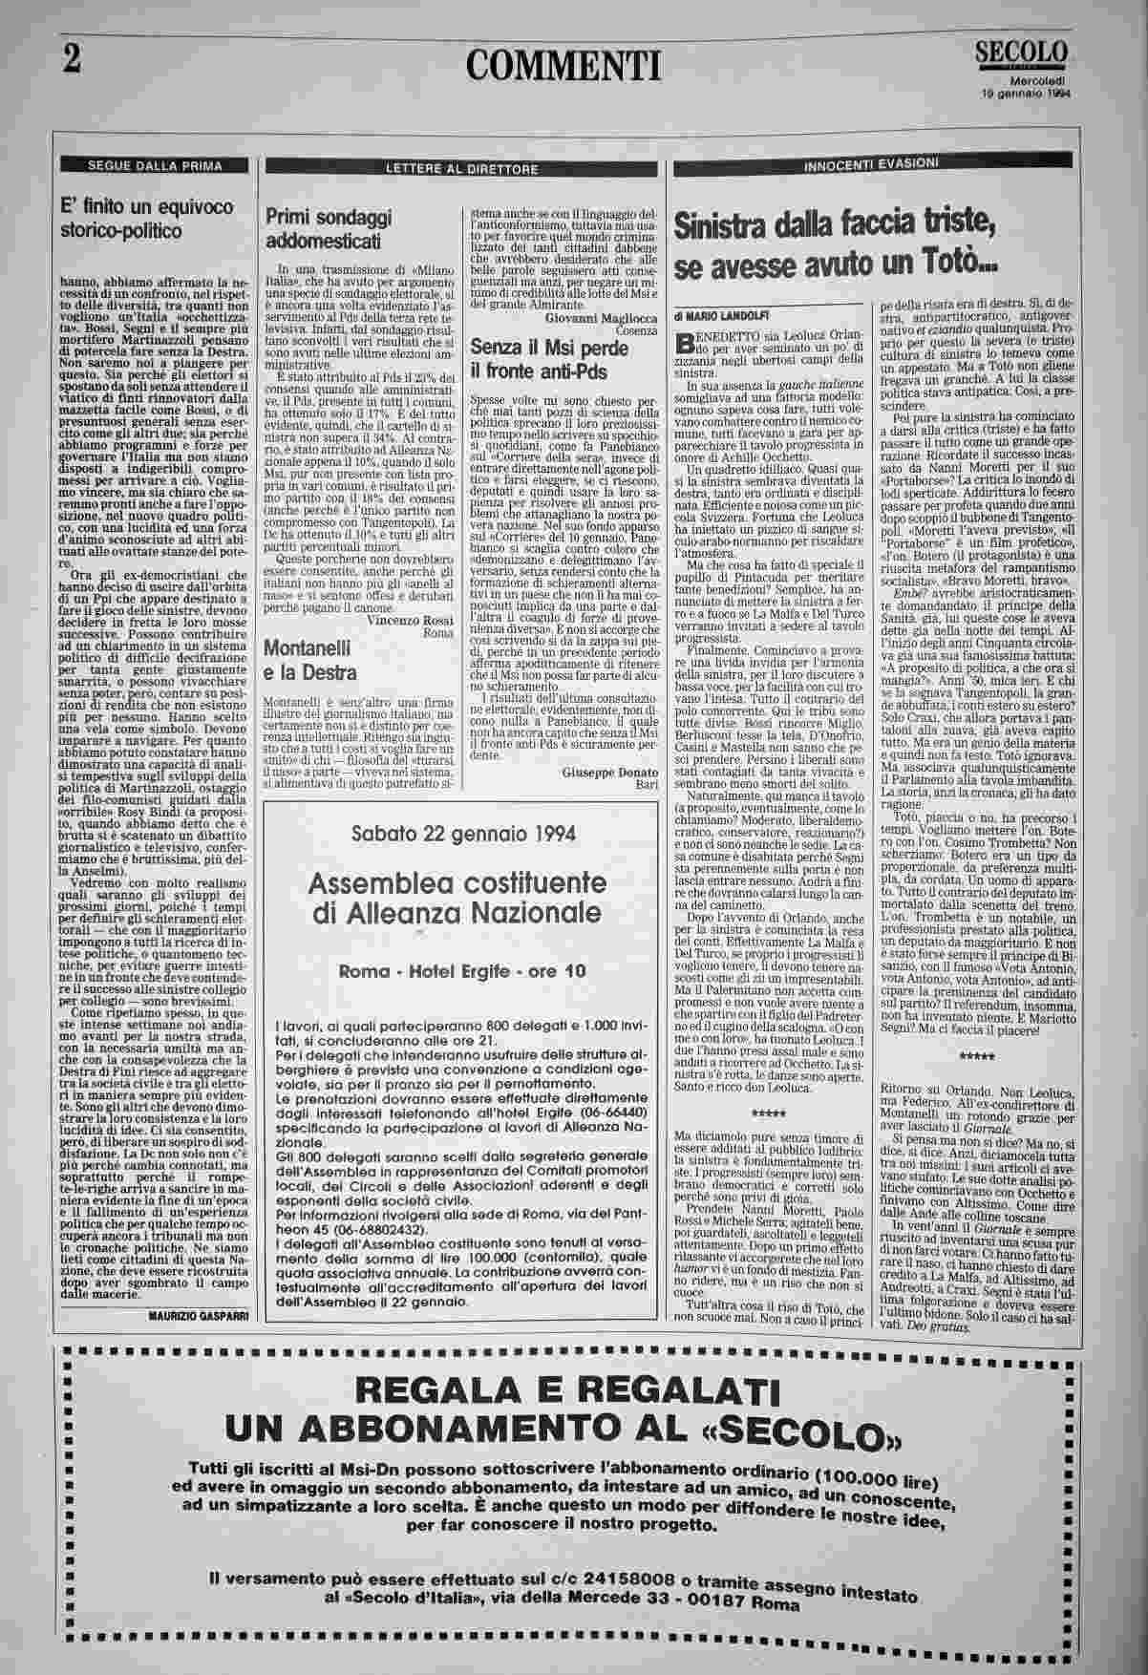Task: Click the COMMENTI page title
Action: (x=563, y=65)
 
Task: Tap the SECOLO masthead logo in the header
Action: (x=1023, y=53)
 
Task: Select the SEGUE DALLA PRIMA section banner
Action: (x=156, y=165)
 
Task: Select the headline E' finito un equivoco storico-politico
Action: (x=146, y=218)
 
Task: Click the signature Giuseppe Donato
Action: (x=610, y=772)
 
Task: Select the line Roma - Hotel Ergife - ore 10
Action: (x=463, y=972)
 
